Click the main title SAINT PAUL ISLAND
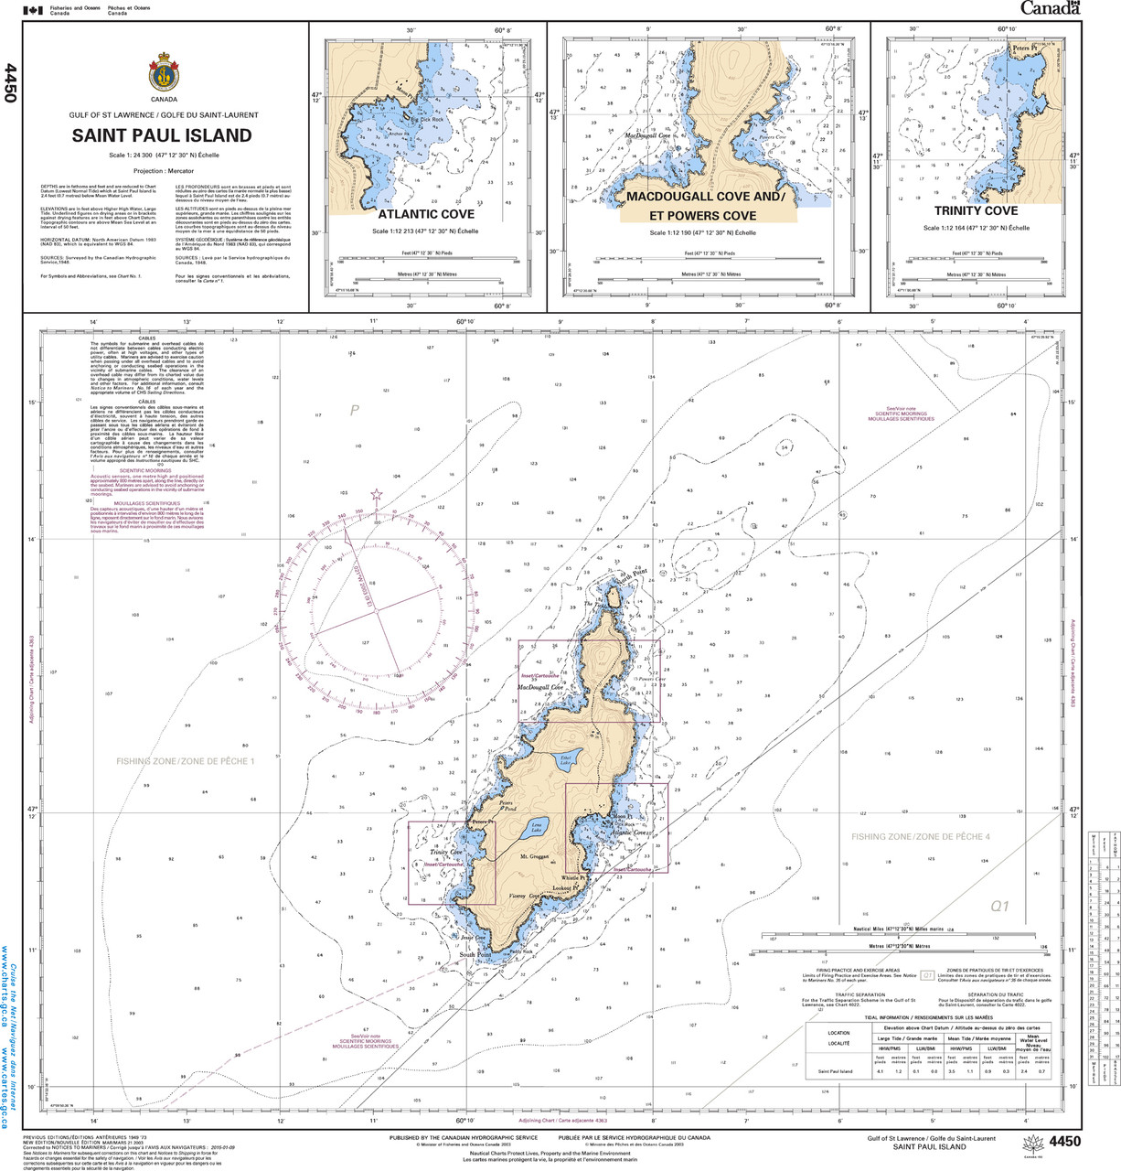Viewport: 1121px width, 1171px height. [x=163, y=135]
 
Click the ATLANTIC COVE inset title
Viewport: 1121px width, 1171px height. [x=426, y=214]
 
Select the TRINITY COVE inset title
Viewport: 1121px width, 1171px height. [x=976, y=211]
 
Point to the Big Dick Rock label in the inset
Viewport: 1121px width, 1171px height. [x=426, y=120]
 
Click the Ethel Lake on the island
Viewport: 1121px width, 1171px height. [x=566, y=758]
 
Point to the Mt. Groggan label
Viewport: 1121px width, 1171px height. [x=534, y=857]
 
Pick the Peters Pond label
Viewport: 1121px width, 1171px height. [x=507, y=806]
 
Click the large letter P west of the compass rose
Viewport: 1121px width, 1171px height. [x=355, y=411]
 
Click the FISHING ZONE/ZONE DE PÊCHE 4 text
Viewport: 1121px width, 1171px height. [x=920, y=836]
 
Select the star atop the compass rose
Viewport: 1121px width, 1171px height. [x=376, y=496]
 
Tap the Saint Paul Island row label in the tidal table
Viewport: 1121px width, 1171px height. [x=835, y=1071]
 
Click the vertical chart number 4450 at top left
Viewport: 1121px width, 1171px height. [x=10, y=82]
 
